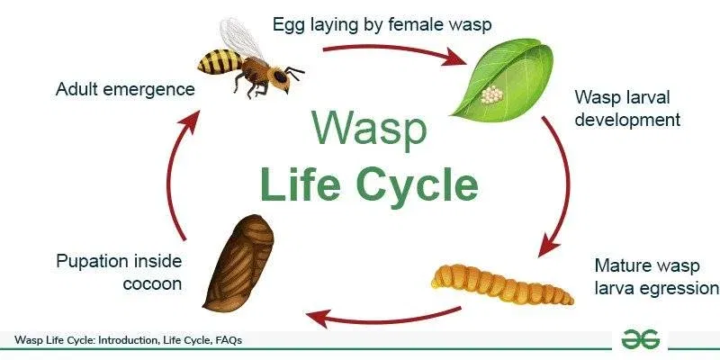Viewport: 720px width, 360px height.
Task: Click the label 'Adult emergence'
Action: pos(125,89)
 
